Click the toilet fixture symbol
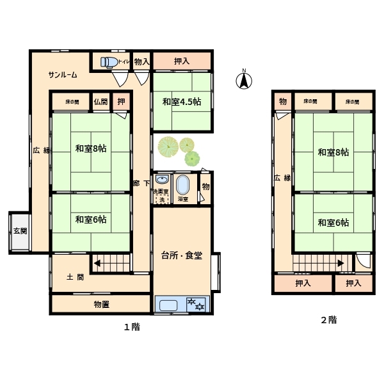pyautogui.click(x=109, y=62)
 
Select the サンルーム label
pyautogui.click(x=63, y=74)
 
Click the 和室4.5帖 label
pyautogui.click(x=182, y=102)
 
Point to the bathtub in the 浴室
pyautogui.click(x=182, y=186)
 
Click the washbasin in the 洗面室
pyautogui.click(x=162, y=179)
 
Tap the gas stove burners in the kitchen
pyautogui.click(x=196, y=304)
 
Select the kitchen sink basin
pyautogui.click(x=168, y=305)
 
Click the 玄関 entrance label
pyautogui.click(x=20, y=230)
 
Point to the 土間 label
pyautogui.click(x=75, y=277)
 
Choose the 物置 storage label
pyautogui.click(x=101, y=305)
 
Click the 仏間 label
pyautogui.click(x=100, y=102)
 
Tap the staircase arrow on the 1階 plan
pyautogui.click(x=97, y=264)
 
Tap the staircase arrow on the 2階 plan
pyautogui.click(x=340, y=264)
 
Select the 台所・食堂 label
pyautogui.click(x=182, y=255)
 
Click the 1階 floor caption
pyautogui.click(x=132, y=327)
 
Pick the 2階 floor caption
pyautogui.click(x=329, y=320)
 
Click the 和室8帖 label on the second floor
pyautogui.click(x=333, y=152)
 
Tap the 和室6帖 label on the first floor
pyautogui.click(x=91, y=220)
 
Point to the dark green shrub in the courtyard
pyautogui.click(x=192, y=159)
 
